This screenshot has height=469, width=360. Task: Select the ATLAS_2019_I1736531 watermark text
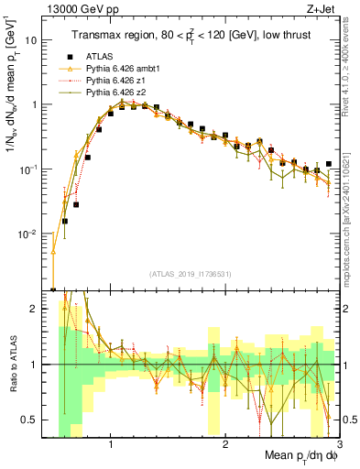click(190, 274)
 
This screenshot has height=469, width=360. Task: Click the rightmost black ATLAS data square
click(328, 164)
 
